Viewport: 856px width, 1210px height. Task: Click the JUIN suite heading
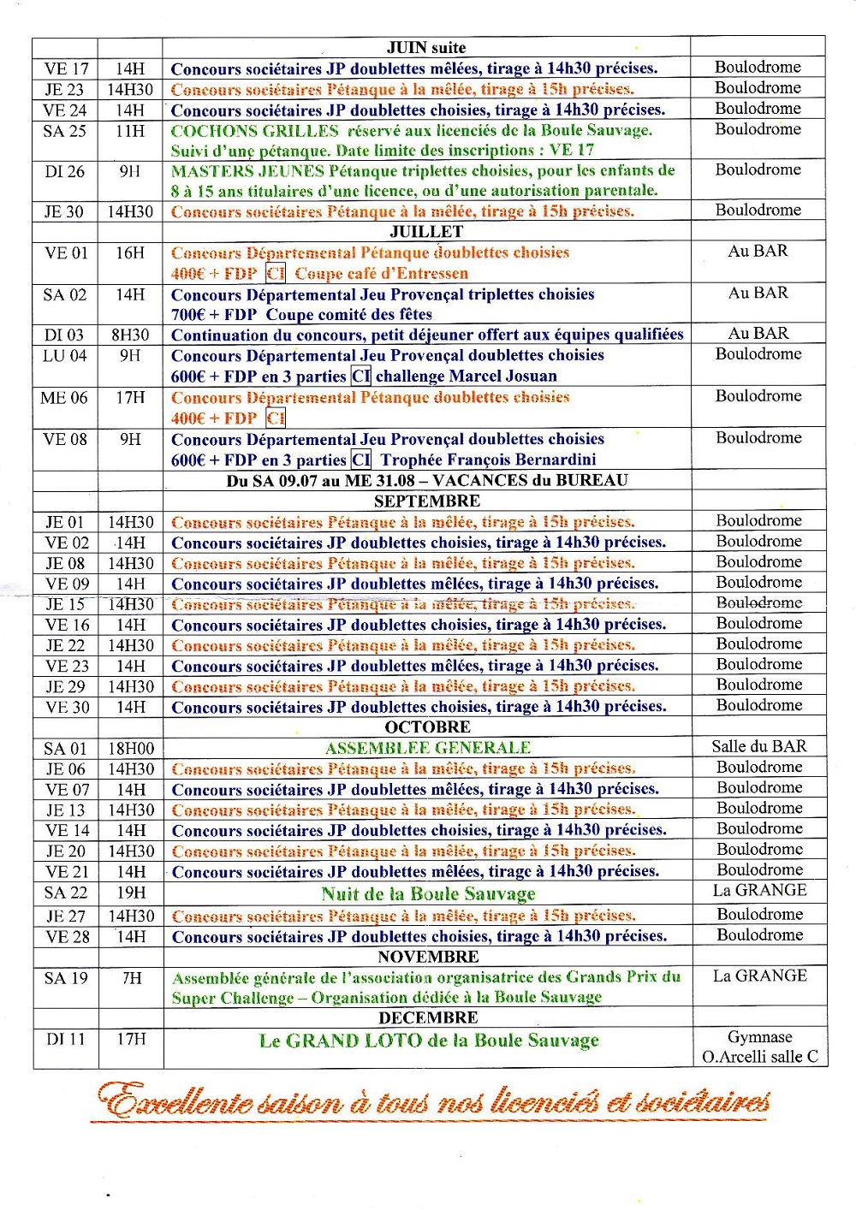(x=426, y=48)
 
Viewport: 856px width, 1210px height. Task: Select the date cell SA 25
(x=65, y=131)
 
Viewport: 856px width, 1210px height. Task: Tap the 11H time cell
(x=130, y=131)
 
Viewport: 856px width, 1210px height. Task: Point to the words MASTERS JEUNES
(x=247, y=171)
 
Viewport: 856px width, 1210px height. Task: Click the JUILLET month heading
(x=426, y=232)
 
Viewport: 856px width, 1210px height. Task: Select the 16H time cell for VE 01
(x=130, y=253)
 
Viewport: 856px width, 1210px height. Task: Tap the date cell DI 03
(x=65, y=335)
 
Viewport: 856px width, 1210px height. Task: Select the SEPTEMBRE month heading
(x=427, y=501)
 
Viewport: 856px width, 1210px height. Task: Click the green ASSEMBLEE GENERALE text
(x=428, y=748)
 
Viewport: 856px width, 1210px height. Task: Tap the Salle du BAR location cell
(x=759, y=746)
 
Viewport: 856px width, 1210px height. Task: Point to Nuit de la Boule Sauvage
(x=428, y=894)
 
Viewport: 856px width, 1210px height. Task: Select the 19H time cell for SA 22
(x=131, y=893)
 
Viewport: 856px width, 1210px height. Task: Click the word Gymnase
(x=760, y=1037)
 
